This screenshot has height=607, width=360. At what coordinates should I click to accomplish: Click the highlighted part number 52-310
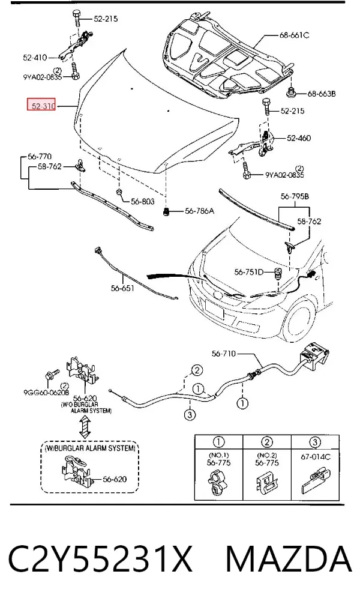coord(41,104)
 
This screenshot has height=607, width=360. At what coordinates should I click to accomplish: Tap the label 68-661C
coord(294,35)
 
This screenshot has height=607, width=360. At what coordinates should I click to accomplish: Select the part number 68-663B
coord(322,94)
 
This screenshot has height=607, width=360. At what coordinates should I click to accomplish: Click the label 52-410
coord(35,58)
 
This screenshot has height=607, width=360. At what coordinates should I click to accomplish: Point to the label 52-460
coord(299,138)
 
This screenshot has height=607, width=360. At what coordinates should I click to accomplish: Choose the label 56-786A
coord(199,211)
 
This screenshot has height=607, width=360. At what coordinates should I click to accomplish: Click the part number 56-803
coord(142,201)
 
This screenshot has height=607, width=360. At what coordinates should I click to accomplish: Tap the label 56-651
coord(122,288)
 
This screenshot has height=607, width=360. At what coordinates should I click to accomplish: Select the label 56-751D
coord(248,273)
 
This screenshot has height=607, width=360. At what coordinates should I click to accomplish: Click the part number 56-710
coord(224,354)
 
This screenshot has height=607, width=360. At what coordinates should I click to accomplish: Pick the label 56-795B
coord(295,197)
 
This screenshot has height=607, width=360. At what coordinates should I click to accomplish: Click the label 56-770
coord(40,157)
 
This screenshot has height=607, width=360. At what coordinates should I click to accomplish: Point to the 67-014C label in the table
coord(316,457)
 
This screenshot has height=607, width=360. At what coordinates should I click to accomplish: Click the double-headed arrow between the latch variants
coord(85,427)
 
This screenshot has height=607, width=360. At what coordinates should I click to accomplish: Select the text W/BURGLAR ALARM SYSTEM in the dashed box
coord(90,448)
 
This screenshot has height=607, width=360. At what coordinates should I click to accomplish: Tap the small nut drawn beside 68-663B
coord(291,93)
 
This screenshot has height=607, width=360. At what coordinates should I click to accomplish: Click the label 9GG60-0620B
coord(46,393)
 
